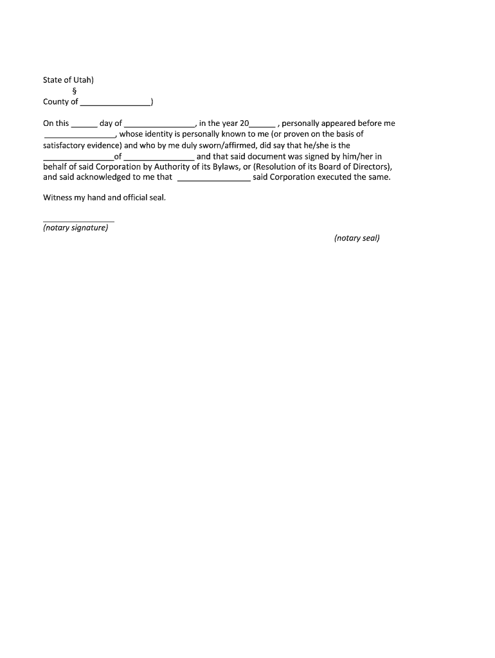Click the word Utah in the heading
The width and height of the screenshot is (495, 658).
pos(84,80)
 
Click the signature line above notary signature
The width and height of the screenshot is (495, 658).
pos(78,221)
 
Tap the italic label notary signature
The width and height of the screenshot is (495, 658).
pos(75,228)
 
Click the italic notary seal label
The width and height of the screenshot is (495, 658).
pos(357,238)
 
